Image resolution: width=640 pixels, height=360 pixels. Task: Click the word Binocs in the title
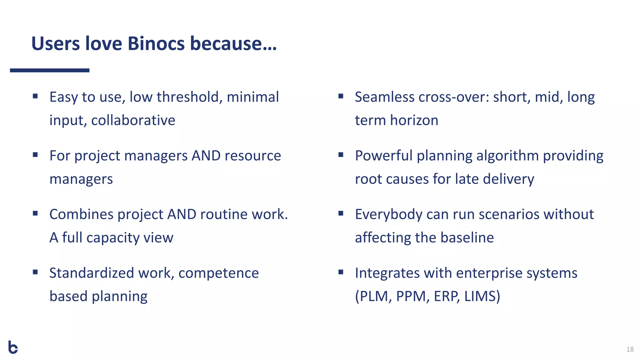coord(156,43)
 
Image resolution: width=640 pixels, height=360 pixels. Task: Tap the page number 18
coord(630,349)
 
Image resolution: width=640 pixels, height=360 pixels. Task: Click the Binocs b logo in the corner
coord(13,347)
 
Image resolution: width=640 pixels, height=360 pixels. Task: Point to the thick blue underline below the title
coord(50,71)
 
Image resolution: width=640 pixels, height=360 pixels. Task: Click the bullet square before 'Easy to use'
coord(35,96)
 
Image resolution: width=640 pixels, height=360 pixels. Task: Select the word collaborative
coord(133,120)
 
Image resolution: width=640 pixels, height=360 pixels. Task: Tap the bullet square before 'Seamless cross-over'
coord(341,96)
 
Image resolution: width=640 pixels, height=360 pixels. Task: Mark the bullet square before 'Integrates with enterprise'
coord(341,272)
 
